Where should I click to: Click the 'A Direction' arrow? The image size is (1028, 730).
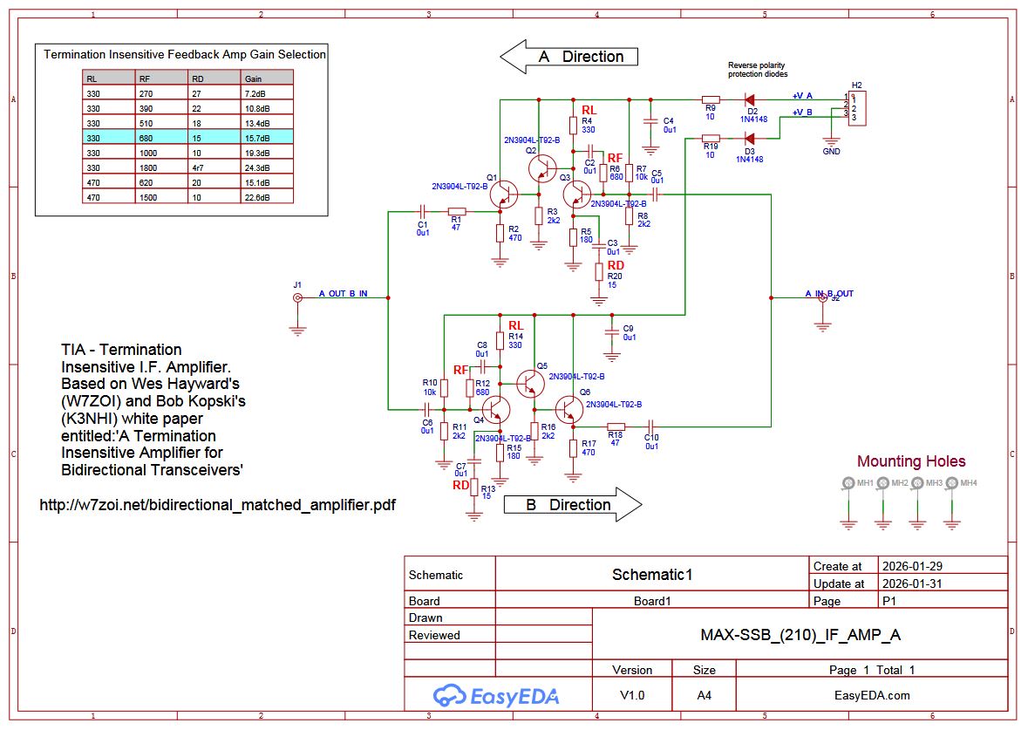click(568, 57)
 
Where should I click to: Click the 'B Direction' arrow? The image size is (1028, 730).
click(572, 505)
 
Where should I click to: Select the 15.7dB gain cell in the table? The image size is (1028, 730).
click(267, 138)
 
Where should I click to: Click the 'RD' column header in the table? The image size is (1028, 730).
click(214, 78)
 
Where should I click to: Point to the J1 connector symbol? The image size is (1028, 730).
click(297, 298)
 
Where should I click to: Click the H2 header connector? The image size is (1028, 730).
click(858, 107)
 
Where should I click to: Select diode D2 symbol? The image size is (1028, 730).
click(749, 100)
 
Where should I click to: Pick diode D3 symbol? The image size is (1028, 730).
click(749, 138)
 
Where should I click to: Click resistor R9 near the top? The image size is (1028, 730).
click(711, 100)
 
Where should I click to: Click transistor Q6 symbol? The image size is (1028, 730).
click(570, 409)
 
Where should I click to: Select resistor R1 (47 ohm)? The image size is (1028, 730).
click(456, 211)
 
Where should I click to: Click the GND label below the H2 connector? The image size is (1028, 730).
click(831, 151)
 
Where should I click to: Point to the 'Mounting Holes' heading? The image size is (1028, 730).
click(911, 461)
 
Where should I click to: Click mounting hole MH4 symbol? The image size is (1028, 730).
click(951, 483)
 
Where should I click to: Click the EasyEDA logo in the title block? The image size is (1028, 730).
click(496, 695)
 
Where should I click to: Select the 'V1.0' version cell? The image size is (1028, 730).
click(631, 695)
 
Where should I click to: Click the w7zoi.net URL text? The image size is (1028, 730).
click(218, 505)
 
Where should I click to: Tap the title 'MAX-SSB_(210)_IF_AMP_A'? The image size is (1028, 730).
click(800, 635)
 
